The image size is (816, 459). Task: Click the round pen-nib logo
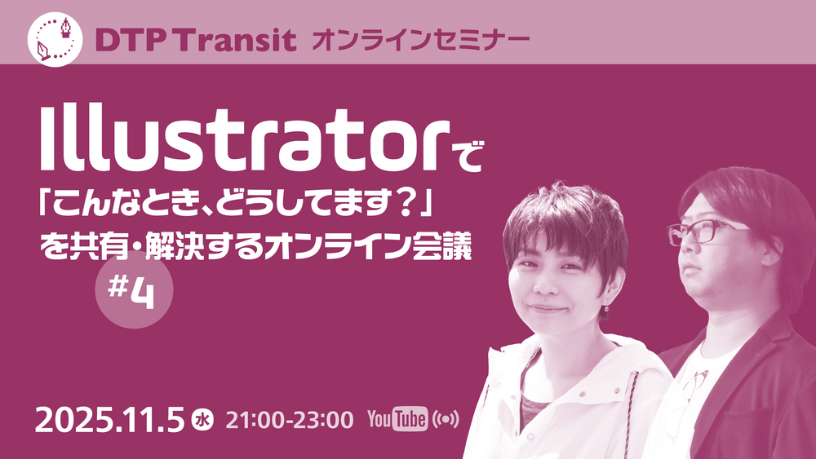point(55,39)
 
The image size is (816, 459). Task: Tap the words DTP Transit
point(196,41)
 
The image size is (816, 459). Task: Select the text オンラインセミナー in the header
point(420,41)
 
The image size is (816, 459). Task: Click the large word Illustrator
point(245,139)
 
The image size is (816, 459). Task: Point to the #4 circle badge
point(134,290)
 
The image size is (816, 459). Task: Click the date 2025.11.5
point(110,420)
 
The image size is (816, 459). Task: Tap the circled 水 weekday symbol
point(202,420)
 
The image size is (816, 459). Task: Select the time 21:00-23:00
point(290,420)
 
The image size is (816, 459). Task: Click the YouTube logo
point(397,419)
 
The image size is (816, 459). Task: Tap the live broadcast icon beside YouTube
point(446,420)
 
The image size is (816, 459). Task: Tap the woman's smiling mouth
point(547,309)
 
